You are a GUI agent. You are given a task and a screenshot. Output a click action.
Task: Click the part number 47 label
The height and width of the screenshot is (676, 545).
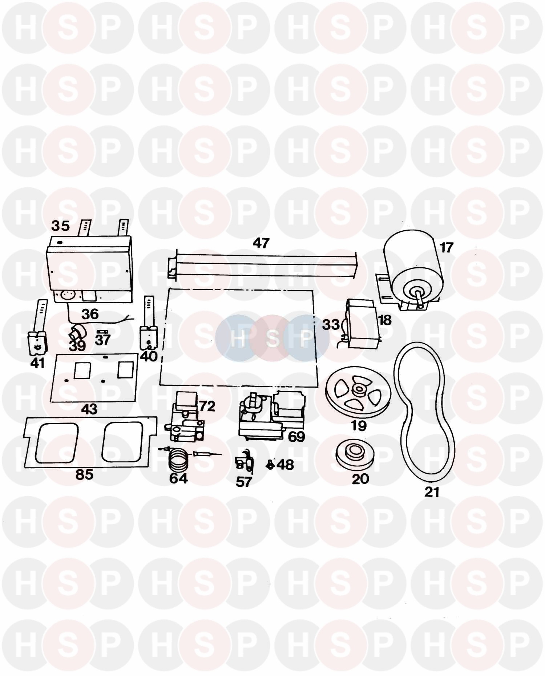pos(261,243)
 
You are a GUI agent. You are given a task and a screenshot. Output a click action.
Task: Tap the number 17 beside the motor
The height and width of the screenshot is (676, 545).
pos(447,248)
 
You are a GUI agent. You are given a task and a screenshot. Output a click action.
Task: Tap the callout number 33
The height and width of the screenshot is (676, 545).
pos(331,324)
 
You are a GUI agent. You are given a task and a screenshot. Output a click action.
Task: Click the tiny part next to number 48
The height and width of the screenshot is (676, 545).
pos(270,465)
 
